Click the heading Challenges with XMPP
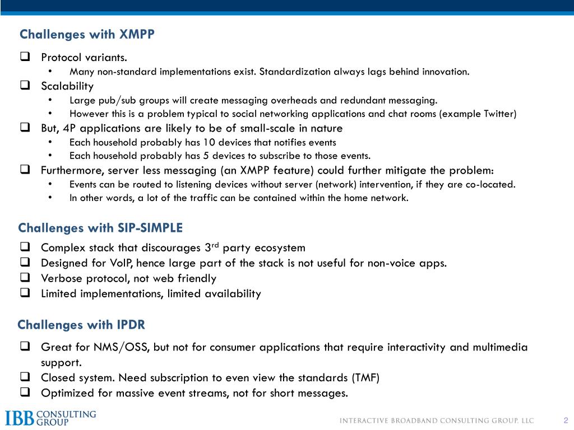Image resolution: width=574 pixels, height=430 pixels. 87,35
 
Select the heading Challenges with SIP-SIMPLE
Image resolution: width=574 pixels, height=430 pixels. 100,228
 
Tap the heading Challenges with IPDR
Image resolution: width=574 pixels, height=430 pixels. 81,325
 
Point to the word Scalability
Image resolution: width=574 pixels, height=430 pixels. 67,86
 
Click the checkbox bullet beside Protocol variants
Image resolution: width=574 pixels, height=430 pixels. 25,57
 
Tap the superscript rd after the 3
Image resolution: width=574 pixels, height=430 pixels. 214,245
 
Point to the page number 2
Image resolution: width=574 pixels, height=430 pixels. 566,421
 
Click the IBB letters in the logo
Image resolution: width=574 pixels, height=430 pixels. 20,418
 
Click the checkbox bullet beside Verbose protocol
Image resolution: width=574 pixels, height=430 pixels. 25,278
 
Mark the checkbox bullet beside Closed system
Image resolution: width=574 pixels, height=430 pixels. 25,378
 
